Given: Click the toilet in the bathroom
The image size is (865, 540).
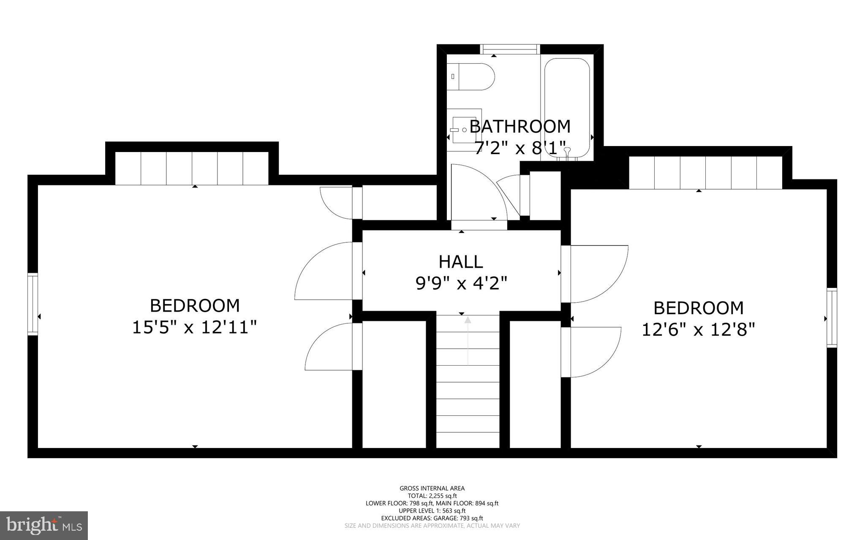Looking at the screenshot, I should click(x=470, y=77).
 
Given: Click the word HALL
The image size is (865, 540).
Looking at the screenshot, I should click(x=461, y=262).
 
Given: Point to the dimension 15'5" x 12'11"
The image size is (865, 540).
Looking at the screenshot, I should click(x=195, y=327).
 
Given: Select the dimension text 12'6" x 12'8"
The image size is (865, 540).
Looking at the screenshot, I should click(x=698, y=329).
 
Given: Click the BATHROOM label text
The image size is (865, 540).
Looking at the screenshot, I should click(x=520, y=127).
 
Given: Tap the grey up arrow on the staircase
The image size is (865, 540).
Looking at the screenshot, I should click(x=468, y=321).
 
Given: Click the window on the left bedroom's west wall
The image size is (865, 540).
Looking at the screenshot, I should click(x=33, y=304).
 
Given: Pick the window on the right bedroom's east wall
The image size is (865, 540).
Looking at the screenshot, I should click(x=832, y=317).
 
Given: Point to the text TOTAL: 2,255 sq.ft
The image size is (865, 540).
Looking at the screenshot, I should click(x=432, y=496).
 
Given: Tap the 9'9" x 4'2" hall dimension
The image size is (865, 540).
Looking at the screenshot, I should click(x=461, y=283).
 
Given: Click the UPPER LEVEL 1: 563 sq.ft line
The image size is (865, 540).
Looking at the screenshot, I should click(x=432, y=511).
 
